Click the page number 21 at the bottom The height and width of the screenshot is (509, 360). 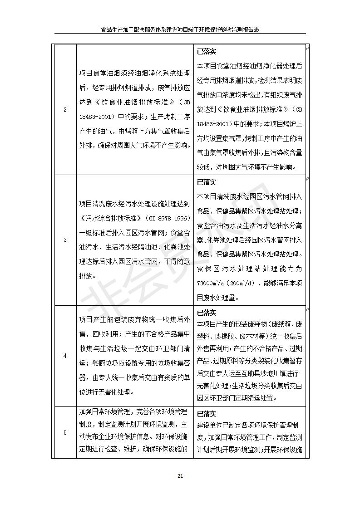[180, 476]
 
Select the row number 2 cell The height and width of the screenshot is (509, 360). [65, 109]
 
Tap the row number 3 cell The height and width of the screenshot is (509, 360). [65, 240]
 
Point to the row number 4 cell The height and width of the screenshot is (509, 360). [65, 356]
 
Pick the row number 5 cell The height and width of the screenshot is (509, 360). [65, 432]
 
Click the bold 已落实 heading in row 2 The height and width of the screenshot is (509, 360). [207, 51]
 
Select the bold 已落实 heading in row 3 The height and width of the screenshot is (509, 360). [207, 182]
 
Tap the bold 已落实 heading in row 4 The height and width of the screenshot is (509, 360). [207, 313]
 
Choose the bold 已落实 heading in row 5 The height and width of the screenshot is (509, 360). [207, 414]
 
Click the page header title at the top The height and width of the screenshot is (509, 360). [180, 29]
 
